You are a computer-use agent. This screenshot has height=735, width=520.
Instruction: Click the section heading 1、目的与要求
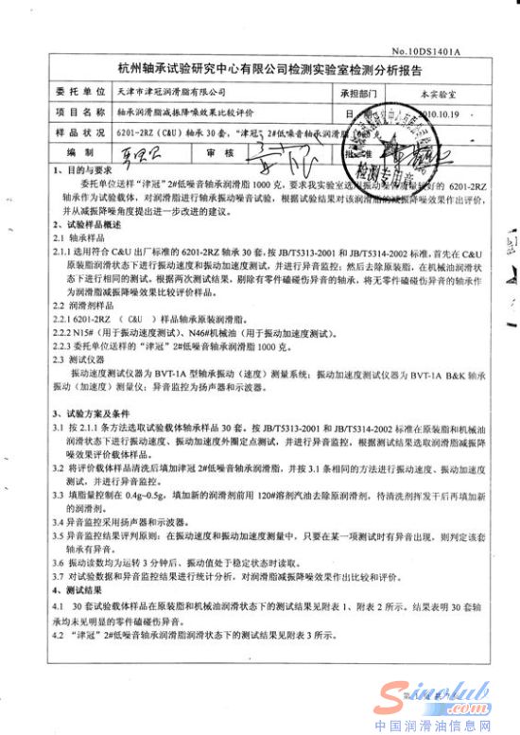78,167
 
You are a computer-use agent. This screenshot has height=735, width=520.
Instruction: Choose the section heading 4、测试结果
75,588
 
